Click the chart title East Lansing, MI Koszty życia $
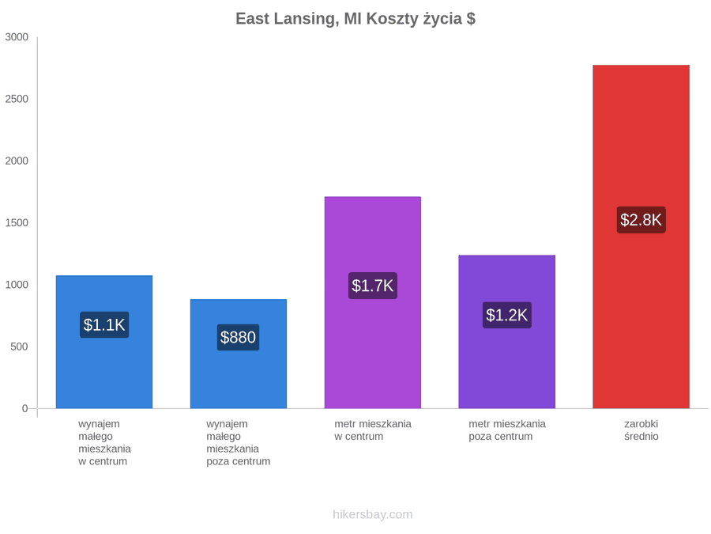[355, 19]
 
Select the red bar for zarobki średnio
[641, 237]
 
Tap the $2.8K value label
[641, 220]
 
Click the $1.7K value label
[372, 286]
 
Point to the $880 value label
[238, 337]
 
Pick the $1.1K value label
[104, 324]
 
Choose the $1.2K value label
[506, 315]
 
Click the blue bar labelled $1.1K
[104, 342]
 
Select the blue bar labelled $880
[238, 354]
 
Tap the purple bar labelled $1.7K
[372, 302]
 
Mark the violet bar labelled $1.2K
[506, 331]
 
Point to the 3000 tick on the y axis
[17, 36]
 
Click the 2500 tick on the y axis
[17, 99]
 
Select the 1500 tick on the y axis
[17, 222]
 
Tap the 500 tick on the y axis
[20, 347]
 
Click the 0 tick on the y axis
[25, 408]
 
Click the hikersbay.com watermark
[372, 514]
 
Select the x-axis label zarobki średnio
[641, 430]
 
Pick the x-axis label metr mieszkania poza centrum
[507, 430]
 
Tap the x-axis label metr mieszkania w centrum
[373, 430]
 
